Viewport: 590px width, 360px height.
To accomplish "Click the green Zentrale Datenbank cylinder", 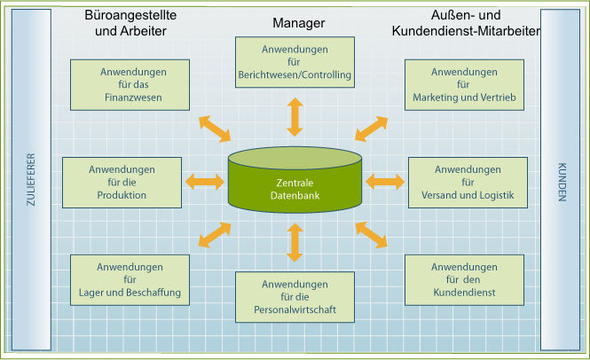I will point(295,181).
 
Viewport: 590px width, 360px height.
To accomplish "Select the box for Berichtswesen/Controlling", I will point(295,61).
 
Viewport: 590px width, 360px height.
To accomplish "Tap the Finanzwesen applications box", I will point(130,83).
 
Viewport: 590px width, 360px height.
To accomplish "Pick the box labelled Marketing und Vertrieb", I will point(464,83).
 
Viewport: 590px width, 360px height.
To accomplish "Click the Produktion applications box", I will point(122,182).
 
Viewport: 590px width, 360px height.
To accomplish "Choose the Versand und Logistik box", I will point(468,182).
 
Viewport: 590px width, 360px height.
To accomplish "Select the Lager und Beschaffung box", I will point(130,279).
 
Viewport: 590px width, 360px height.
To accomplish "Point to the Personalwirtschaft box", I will point(295,296).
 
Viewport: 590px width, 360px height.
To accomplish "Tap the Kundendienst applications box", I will point(464,279).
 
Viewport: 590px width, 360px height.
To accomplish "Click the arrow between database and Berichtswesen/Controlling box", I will point(295,115).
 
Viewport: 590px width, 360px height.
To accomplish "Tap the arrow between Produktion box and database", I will point(204,182).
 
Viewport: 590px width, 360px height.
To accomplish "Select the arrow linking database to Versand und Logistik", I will point(385,182).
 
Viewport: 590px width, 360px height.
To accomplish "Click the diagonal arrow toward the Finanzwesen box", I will point(214,129).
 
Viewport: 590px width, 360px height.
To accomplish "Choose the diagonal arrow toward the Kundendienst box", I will point(372,234).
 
